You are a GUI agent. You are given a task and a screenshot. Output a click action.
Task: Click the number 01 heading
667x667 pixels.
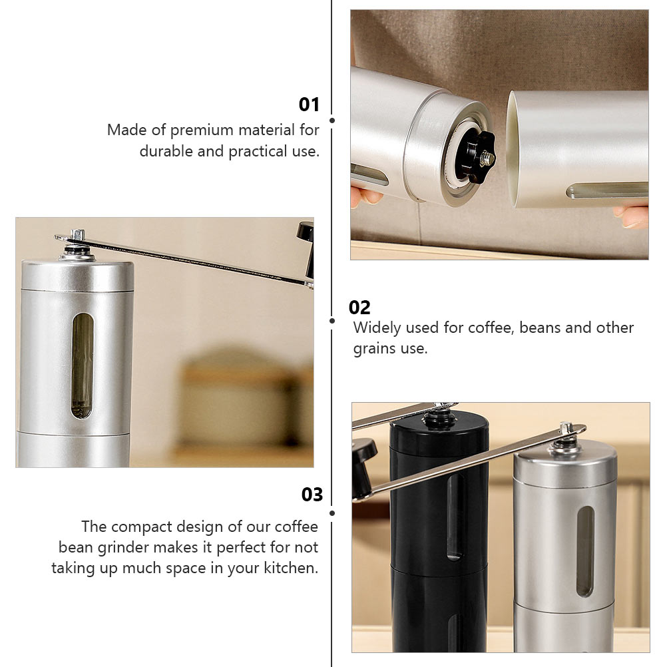(309, 105)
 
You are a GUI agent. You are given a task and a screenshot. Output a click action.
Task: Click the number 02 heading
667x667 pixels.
(359, 307)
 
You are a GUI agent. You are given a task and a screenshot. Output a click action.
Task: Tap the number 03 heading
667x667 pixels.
(312, 495)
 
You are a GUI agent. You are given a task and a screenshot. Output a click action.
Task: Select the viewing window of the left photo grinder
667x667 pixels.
(82, 365)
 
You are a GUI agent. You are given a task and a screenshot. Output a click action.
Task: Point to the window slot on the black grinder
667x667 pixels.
(455, 517)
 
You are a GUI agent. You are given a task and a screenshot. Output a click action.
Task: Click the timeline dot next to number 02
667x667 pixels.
(332, 321)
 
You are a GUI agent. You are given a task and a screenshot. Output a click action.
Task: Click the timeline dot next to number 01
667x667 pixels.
(332, 120)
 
